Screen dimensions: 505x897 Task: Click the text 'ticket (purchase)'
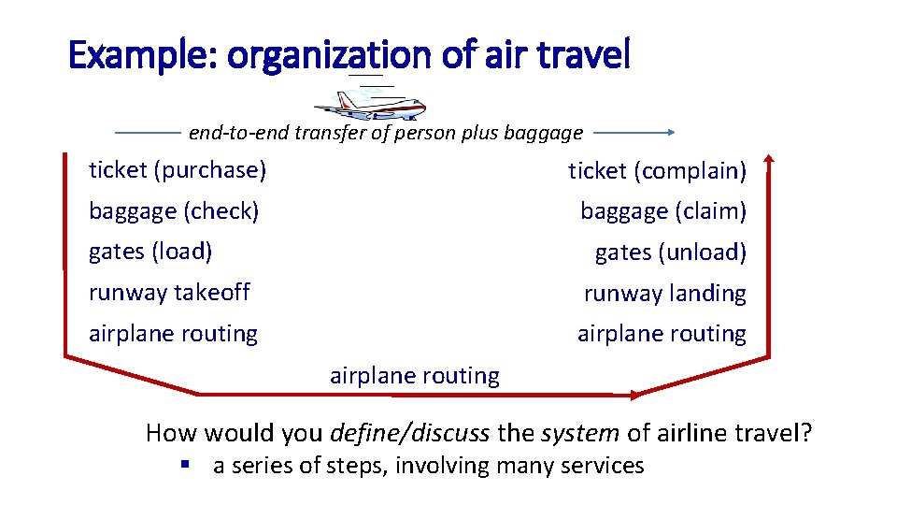[x=178, y=170]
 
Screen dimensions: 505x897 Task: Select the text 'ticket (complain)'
[x=657, y=171]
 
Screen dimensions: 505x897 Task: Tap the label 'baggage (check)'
[x=174, y=211]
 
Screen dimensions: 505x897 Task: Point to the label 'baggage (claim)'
[x=663, y=212]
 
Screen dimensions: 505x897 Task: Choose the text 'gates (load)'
[x=150, y=252]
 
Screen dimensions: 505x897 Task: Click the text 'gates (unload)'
[x=670, y=252]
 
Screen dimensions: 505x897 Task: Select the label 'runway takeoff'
[x=169, y=293]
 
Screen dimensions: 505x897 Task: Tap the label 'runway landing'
[x=664, y=294]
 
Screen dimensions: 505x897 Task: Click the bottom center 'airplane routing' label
[x=415, y=376]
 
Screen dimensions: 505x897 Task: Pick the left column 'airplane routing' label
[x=173, y=334]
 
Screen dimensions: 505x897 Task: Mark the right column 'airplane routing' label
[x=662, y=334]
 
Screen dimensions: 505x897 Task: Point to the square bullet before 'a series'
[x=187, y=465]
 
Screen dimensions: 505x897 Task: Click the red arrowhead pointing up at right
[x=769, y=158]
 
